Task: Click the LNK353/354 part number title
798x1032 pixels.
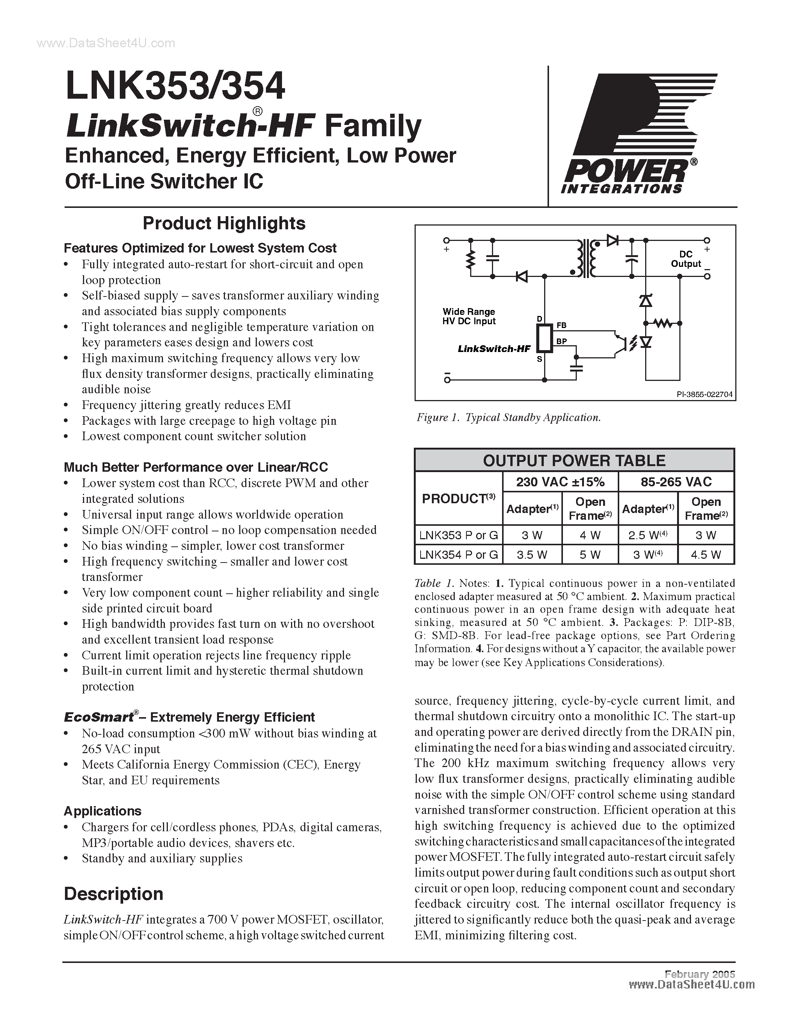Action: [175, 86]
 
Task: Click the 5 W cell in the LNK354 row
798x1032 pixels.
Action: [590, 555]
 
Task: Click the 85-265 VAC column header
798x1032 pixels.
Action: [676, 481]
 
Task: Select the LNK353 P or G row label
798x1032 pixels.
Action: [458, 536]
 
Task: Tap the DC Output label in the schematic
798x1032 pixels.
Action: [686, 259]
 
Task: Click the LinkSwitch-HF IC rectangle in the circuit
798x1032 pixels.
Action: [546, 339]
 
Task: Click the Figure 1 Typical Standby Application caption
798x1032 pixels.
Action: [508, 417]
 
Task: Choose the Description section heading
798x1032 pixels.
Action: [113, 894]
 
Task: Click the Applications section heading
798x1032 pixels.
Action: [103, 811]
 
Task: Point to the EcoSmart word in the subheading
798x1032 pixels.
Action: [98, 717]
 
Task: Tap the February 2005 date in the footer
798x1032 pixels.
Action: [700, 974]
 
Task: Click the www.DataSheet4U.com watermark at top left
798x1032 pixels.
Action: [106, 44]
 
